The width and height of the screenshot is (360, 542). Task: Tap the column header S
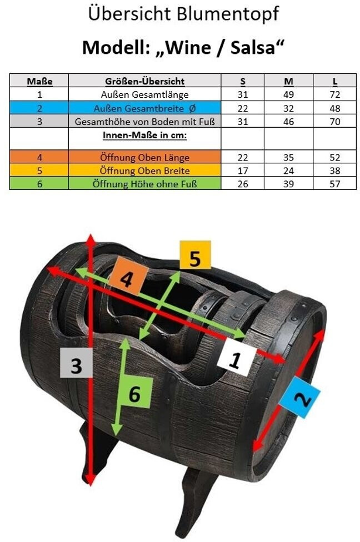tap(242, 81)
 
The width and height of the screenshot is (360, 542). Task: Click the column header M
tap(288, 81)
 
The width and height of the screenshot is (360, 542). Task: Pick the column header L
tap(334, 81)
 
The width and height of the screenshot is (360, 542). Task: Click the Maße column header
tap(39, 81)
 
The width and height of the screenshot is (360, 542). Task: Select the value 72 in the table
tap(334, 94)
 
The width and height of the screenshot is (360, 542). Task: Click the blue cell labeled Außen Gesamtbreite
tap(144, 108)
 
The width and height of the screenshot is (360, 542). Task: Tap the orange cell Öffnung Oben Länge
tap(144, 157)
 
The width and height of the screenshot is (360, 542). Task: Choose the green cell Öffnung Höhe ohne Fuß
tap(144, 184)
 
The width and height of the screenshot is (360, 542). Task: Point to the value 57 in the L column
tap(334, 184)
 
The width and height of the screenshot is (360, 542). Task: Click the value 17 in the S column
tap(242, 170)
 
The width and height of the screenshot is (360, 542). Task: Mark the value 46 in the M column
tap(288, 121)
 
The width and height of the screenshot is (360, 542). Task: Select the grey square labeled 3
tap(76, 364)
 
